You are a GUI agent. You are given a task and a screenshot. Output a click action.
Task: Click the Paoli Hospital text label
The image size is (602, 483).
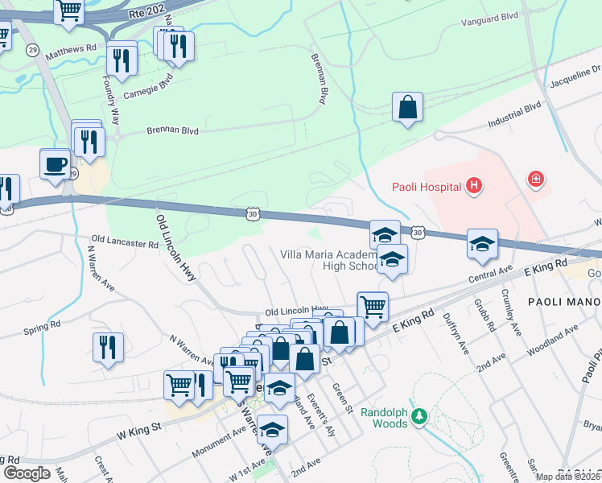[x=427, y=188]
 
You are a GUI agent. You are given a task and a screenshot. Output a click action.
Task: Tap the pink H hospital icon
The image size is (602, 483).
[x=474, y=187]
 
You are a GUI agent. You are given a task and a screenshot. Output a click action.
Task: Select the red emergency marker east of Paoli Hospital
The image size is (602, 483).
[x=535, y=179]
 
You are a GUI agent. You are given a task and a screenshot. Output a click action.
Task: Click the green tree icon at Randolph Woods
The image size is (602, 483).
[x=417, y=416]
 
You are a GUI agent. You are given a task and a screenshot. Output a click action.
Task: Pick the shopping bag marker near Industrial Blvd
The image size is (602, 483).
[x=408, y=107]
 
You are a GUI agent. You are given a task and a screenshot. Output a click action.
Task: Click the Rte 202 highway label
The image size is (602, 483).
[x=146, y=14]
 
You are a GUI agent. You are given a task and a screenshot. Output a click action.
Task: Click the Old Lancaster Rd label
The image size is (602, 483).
[x=125, y=241]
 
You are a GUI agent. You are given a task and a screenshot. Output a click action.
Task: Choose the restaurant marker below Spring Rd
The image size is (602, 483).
[x=108, y=347]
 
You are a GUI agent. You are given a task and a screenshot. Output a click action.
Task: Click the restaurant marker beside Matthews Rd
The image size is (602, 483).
[x=122, y=57]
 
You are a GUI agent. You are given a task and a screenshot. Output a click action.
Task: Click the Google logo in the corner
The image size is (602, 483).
[x=27, y=473]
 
